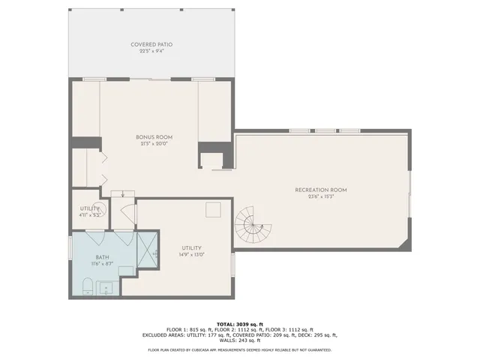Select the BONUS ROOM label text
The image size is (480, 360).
(154, 137)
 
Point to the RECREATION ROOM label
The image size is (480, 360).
(320, 190)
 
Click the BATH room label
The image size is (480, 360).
(101, 256)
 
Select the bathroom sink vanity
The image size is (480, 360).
(106, 287)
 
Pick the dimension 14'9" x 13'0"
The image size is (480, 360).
(193, 254)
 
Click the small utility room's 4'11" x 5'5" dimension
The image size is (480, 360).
(90, 215)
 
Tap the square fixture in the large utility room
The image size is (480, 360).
(214, 209)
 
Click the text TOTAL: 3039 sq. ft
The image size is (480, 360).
(240, 322)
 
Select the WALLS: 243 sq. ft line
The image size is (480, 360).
(240, 340)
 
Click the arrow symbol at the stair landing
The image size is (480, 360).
(123, 194)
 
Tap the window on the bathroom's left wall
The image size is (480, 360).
(70, 247)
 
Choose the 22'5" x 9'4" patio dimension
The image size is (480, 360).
(156, 51)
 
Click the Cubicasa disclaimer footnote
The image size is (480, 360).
(240, 349)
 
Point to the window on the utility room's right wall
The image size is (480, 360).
(234, 263)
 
